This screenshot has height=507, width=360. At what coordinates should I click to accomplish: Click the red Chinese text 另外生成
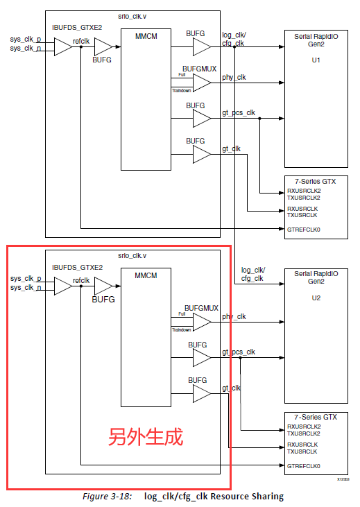[145, 438]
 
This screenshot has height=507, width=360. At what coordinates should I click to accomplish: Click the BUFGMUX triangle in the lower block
[200, 322]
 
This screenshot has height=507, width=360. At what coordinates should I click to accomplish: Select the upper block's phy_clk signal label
[234, 78]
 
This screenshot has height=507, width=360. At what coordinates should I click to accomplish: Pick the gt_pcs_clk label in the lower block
[239, 352]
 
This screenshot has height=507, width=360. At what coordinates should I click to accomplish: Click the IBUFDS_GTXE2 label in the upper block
[77, 28]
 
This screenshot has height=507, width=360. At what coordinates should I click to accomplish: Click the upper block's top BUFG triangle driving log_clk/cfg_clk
[200, 47]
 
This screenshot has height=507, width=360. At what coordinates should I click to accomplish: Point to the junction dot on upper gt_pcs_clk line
[259, 119]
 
